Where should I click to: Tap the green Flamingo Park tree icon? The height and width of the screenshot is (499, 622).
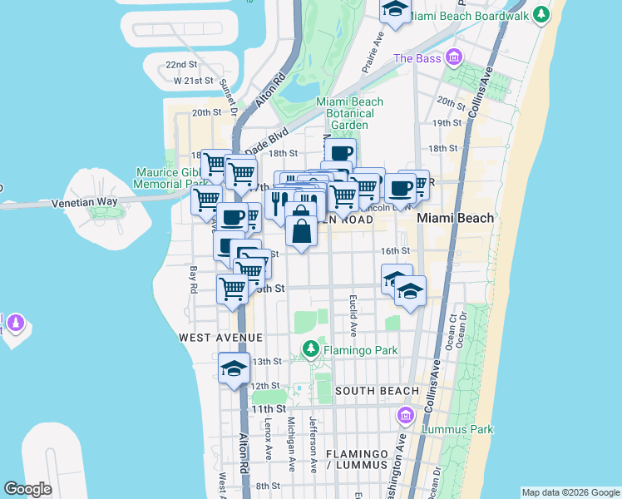tap(311, 349)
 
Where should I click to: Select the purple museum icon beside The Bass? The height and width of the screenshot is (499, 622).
tap(453, 57)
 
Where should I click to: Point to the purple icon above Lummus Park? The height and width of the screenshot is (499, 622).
tap(406, 415)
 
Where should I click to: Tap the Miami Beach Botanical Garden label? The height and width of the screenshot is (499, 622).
tap(349, 113)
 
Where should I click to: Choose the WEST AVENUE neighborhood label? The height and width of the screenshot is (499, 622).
tap(220, 338)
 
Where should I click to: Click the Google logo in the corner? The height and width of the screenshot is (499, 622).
tap(28, 489)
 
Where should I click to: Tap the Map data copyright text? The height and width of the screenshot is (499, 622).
tap(570, 492)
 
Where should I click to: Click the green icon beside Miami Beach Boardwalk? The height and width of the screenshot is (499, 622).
tap(542, 14)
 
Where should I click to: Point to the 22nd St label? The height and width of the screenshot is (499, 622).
tap(180, 64)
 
